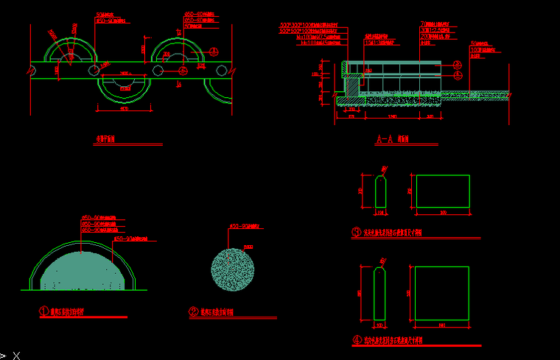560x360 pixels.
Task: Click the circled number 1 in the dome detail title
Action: [x=43, y=311]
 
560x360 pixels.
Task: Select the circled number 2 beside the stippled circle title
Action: [x=194, y=311]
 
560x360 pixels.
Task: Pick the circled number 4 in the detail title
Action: [x=357, y=340]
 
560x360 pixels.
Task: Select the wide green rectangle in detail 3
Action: [x=443, y=192]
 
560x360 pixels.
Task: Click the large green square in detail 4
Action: [x=442, y=294]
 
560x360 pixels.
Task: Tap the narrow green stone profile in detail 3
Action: [x=381, y=192]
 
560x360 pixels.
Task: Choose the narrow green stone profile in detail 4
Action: [x=380, y=294]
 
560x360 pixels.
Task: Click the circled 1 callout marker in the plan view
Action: [x=214, y=51]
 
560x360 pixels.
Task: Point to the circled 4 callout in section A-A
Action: [x=457, y=74]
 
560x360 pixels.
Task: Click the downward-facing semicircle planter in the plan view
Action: [x=125, y=86]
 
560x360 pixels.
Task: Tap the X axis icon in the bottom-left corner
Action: [x=15, y=355]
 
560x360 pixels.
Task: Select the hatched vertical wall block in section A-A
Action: [x=353, y=86]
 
